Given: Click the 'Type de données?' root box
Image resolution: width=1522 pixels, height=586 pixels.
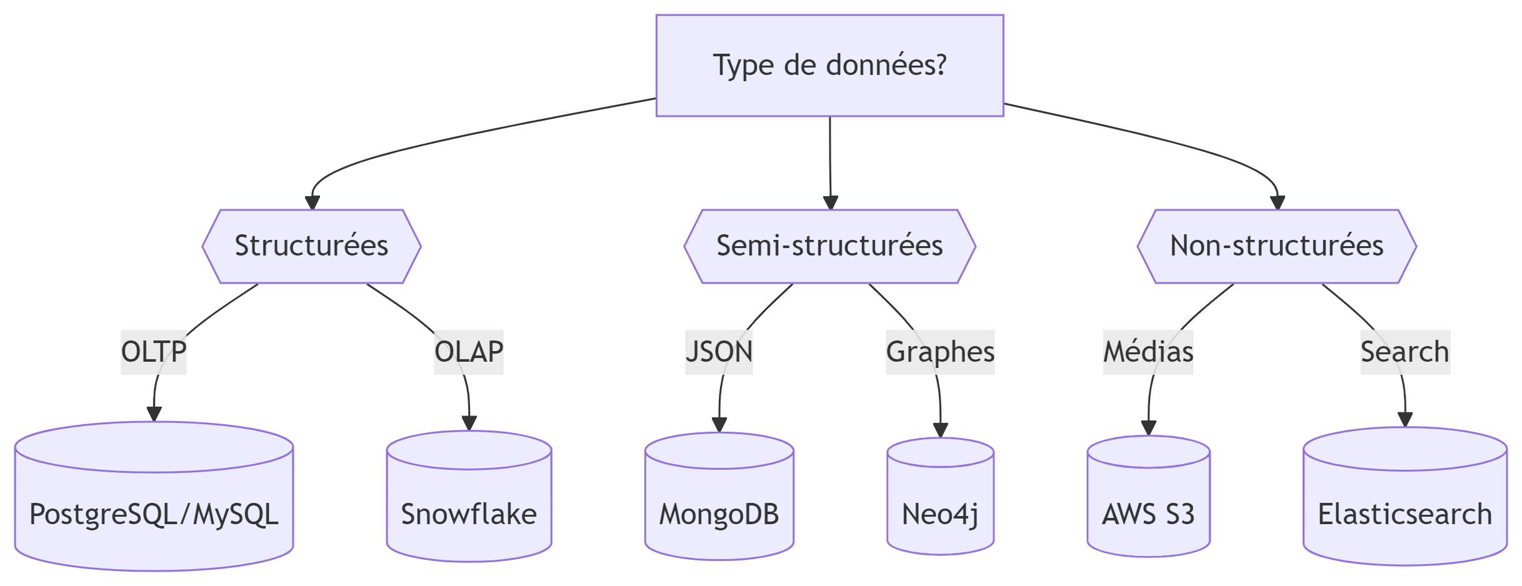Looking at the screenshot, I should pos(829,66).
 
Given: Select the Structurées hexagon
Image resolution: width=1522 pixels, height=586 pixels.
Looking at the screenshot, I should pos(311,246).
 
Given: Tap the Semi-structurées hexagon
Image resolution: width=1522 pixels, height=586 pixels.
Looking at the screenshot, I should pos(829,246).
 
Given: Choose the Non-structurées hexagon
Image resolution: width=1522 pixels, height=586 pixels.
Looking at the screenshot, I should pos(1276,246).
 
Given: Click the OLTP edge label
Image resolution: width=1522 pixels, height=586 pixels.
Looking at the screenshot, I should pos(154,352).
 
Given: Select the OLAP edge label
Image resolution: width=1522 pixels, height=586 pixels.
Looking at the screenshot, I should pos(469,352).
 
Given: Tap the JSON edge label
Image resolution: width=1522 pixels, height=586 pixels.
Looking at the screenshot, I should pos(719,352).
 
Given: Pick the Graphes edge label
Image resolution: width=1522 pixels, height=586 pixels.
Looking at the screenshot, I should pos(940,352).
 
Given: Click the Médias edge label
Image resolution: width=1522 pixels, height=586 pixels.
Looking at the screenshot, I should pos(1148,352).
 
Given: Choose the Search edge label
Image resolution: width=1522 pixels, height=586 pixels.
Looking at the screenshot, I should pos(1405,352).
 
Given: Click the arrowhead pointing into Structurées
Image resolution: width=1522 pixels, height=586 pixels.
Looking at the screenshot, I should pos(313,203).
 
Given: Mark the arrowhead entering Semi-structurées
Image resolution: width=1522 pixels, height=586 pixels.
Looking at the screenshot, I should pos(830,203).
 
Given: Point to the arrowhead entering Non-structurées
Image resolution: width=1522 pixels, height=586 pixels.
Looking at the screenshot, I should pos(1278,203).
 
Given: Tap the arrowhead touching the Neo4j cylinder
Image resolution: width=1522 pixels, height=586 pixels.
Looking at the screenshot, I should pos(941,430).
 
